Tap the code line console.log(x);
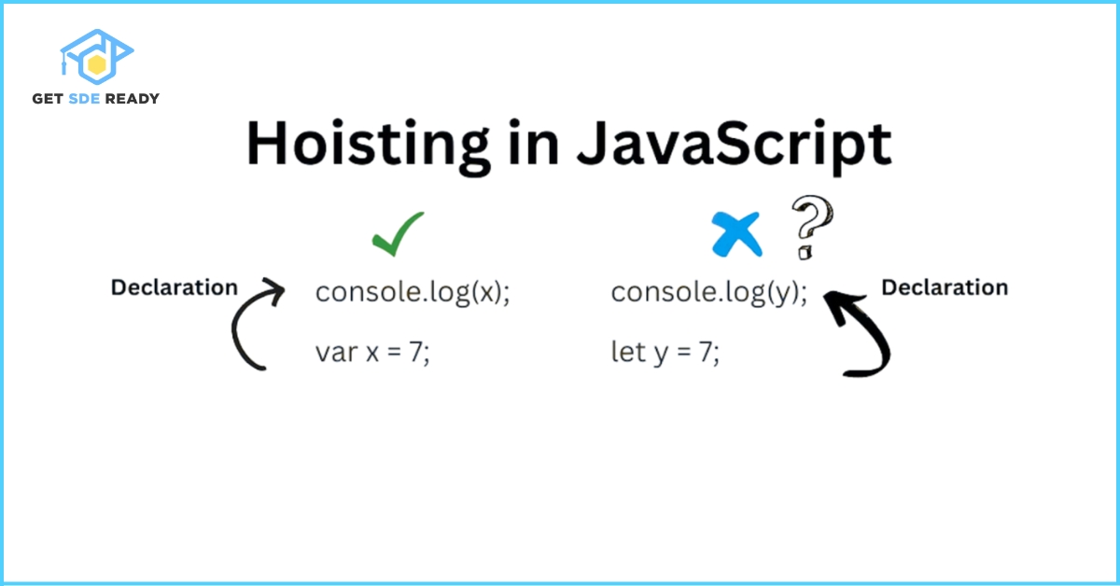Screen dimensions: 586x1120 tap(413, 292)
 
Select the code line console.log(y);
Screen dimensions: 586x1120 tap(709, 292)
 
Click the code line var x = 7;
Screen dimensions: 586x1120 tap(372, 354)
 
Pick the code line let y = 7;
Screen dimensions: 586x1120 tap(665, 354)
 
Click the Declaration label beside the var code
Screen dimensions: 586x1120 tap(175, 287)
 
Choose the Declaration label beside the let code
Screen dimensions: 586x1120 tap(945, 287)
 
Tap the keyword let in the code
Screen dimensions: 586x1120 tap(627, 354)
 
